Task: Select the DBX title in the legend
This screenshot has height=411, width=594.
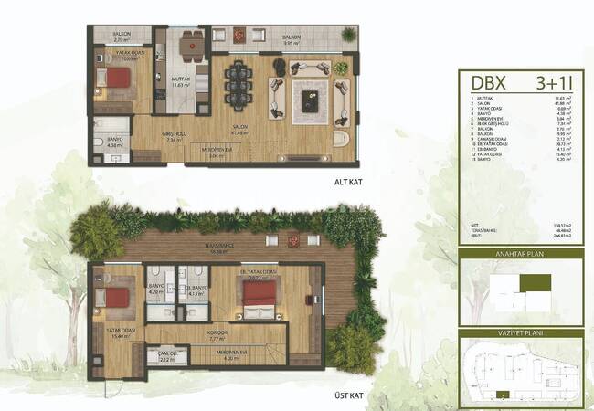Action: pyautogui.click(x=483, y=81)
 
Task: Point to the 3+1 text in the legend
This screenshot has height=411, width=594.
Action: pyautogui.click(x=555, y=81)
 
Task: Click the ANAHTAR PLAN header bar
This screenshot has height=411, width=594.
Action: pyautogui.click(x=522, y=256)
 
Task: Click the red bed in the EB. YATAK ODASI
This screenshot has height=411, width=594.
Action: pyautogui.click(x=260, y=292)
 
